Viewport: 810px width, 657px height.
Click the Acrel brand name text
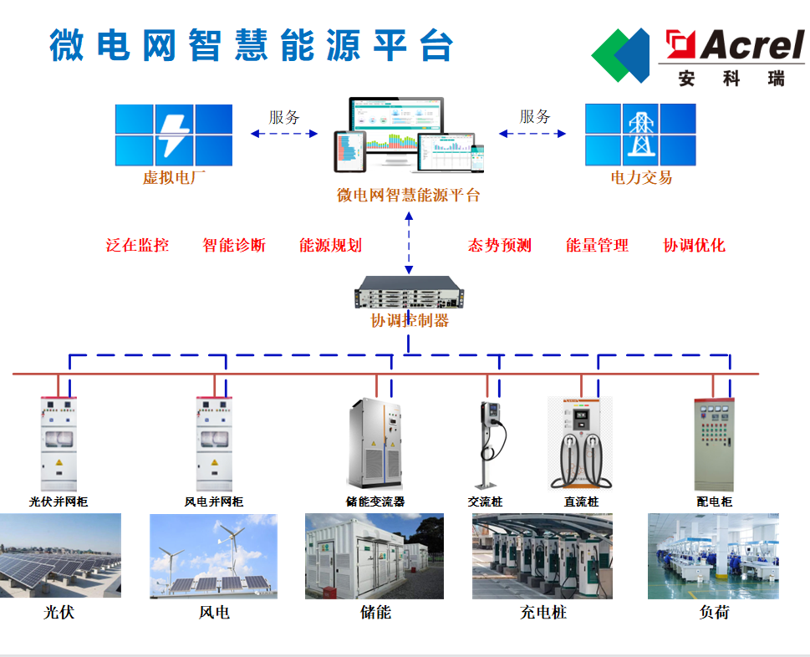[751, 44]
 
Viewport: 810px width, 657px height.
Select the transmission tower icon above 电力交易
[640, 134]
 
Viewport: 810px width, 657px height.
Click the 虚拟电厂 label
[174, 178]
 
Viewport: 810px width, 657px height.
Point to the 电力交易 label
[641, 178]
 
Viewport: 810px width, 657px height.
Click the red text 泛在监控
[137, 245]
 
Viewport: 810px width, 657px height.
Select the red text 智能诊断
[234, 245]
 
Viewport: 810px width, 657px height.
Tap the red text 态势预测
[500, 245]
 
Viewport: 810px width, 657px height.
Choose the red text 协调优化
[695, 245]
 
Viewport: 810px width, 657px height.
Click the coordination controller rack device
[409, 293]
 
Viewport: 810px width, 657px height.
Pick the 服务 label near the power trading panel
[535, 117]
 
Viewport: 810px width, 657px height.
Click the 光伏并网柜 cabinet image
[59, 444]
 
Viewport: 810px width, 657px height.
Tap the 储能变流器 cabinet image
[375, 443]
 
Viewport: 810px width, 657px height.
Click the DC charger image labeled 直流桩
[580, 443]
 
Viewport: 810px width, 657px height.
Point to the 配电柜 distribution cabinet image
[714, 444]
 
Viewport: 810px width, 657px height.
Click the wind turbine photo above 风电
[213, 557]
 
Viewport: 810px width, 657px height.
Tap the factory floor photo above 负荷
[713, 557]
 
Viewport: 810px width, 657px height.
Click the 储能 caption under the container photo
[375, 613]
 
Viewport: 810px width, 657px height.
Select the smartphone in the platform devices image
[477, 158]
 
